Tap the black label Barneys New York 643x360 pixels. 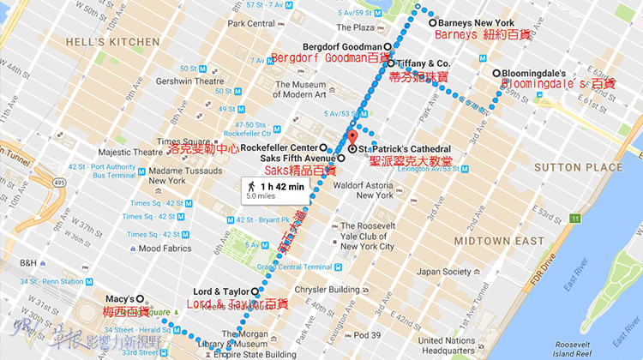[475, 23]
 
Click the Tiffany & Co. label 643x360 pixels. [424, 63]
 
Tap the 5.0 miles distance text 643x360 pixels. [262, 196]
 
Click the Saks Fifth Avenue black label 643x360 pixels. [287, 159]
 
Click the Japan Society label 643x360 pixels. [444, 272]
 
